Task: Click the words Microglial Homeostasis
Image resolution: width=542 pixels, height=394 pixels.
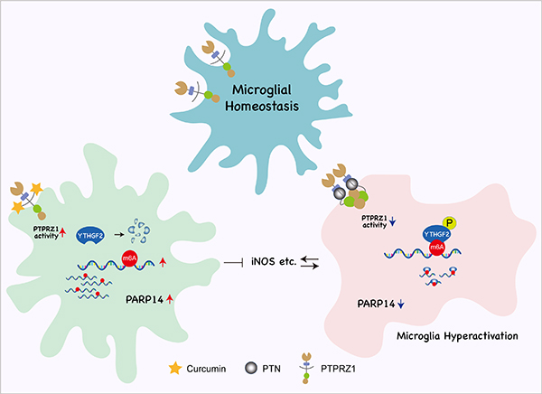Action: click(x=262, y=98)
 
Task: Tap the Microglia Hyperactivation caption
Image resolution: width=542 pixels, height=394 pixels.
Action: click(x=457, y=336)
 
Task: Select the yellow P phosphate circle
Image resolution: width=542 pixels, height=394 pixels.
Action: click(x=450, y=223)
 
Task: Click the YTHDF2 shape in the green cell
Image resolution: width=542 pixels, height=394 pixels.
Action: click(x=91, y=236)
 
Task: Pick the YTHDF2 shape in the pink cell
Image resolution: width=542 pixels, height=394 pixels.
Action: click(x=436, y=235)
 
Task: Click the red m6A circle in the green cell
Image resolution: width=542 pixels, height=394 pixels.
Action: click(x=129, y=258)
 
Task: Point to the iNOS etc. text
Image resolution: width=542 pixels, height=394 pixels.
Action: click(x=274, y=261)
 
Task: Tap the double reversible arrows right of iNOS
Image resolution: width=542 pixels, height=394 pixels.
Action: click(x=310, y=263)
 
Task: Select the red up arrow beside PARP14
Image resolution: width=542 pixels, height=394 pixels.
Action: click(x=170, y=299)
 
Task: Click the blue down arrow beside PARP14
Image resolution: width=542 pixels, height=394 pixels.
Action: click(x=401, y=304)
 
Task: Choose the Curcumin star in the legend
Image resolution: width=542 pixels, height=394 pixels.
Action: click(x=175, y=369)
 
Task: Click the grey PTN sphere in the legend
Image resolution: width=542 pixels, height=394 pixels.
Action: click(x=251, y=368)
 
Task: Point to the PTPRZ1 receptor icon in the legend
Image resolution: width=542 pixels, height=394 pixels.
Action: click(x=306, y=369)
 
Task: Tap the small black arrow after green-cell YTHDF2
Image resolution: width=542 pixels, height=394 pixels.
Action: click(x=119, y=235)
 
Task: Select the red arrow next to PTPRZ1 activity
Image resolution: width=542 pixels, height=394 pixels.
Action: click(x=62, y=232)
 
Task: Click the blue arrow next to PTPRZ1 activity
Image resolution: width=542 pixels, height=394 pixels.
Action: click(x=392, y=221)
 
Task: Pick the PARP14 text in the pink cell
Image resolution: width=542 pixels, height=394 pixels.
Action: click(x=376, y=304)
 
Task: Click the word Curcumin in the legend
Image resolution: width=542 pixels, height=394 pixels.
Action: click(x=206, y=369)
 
